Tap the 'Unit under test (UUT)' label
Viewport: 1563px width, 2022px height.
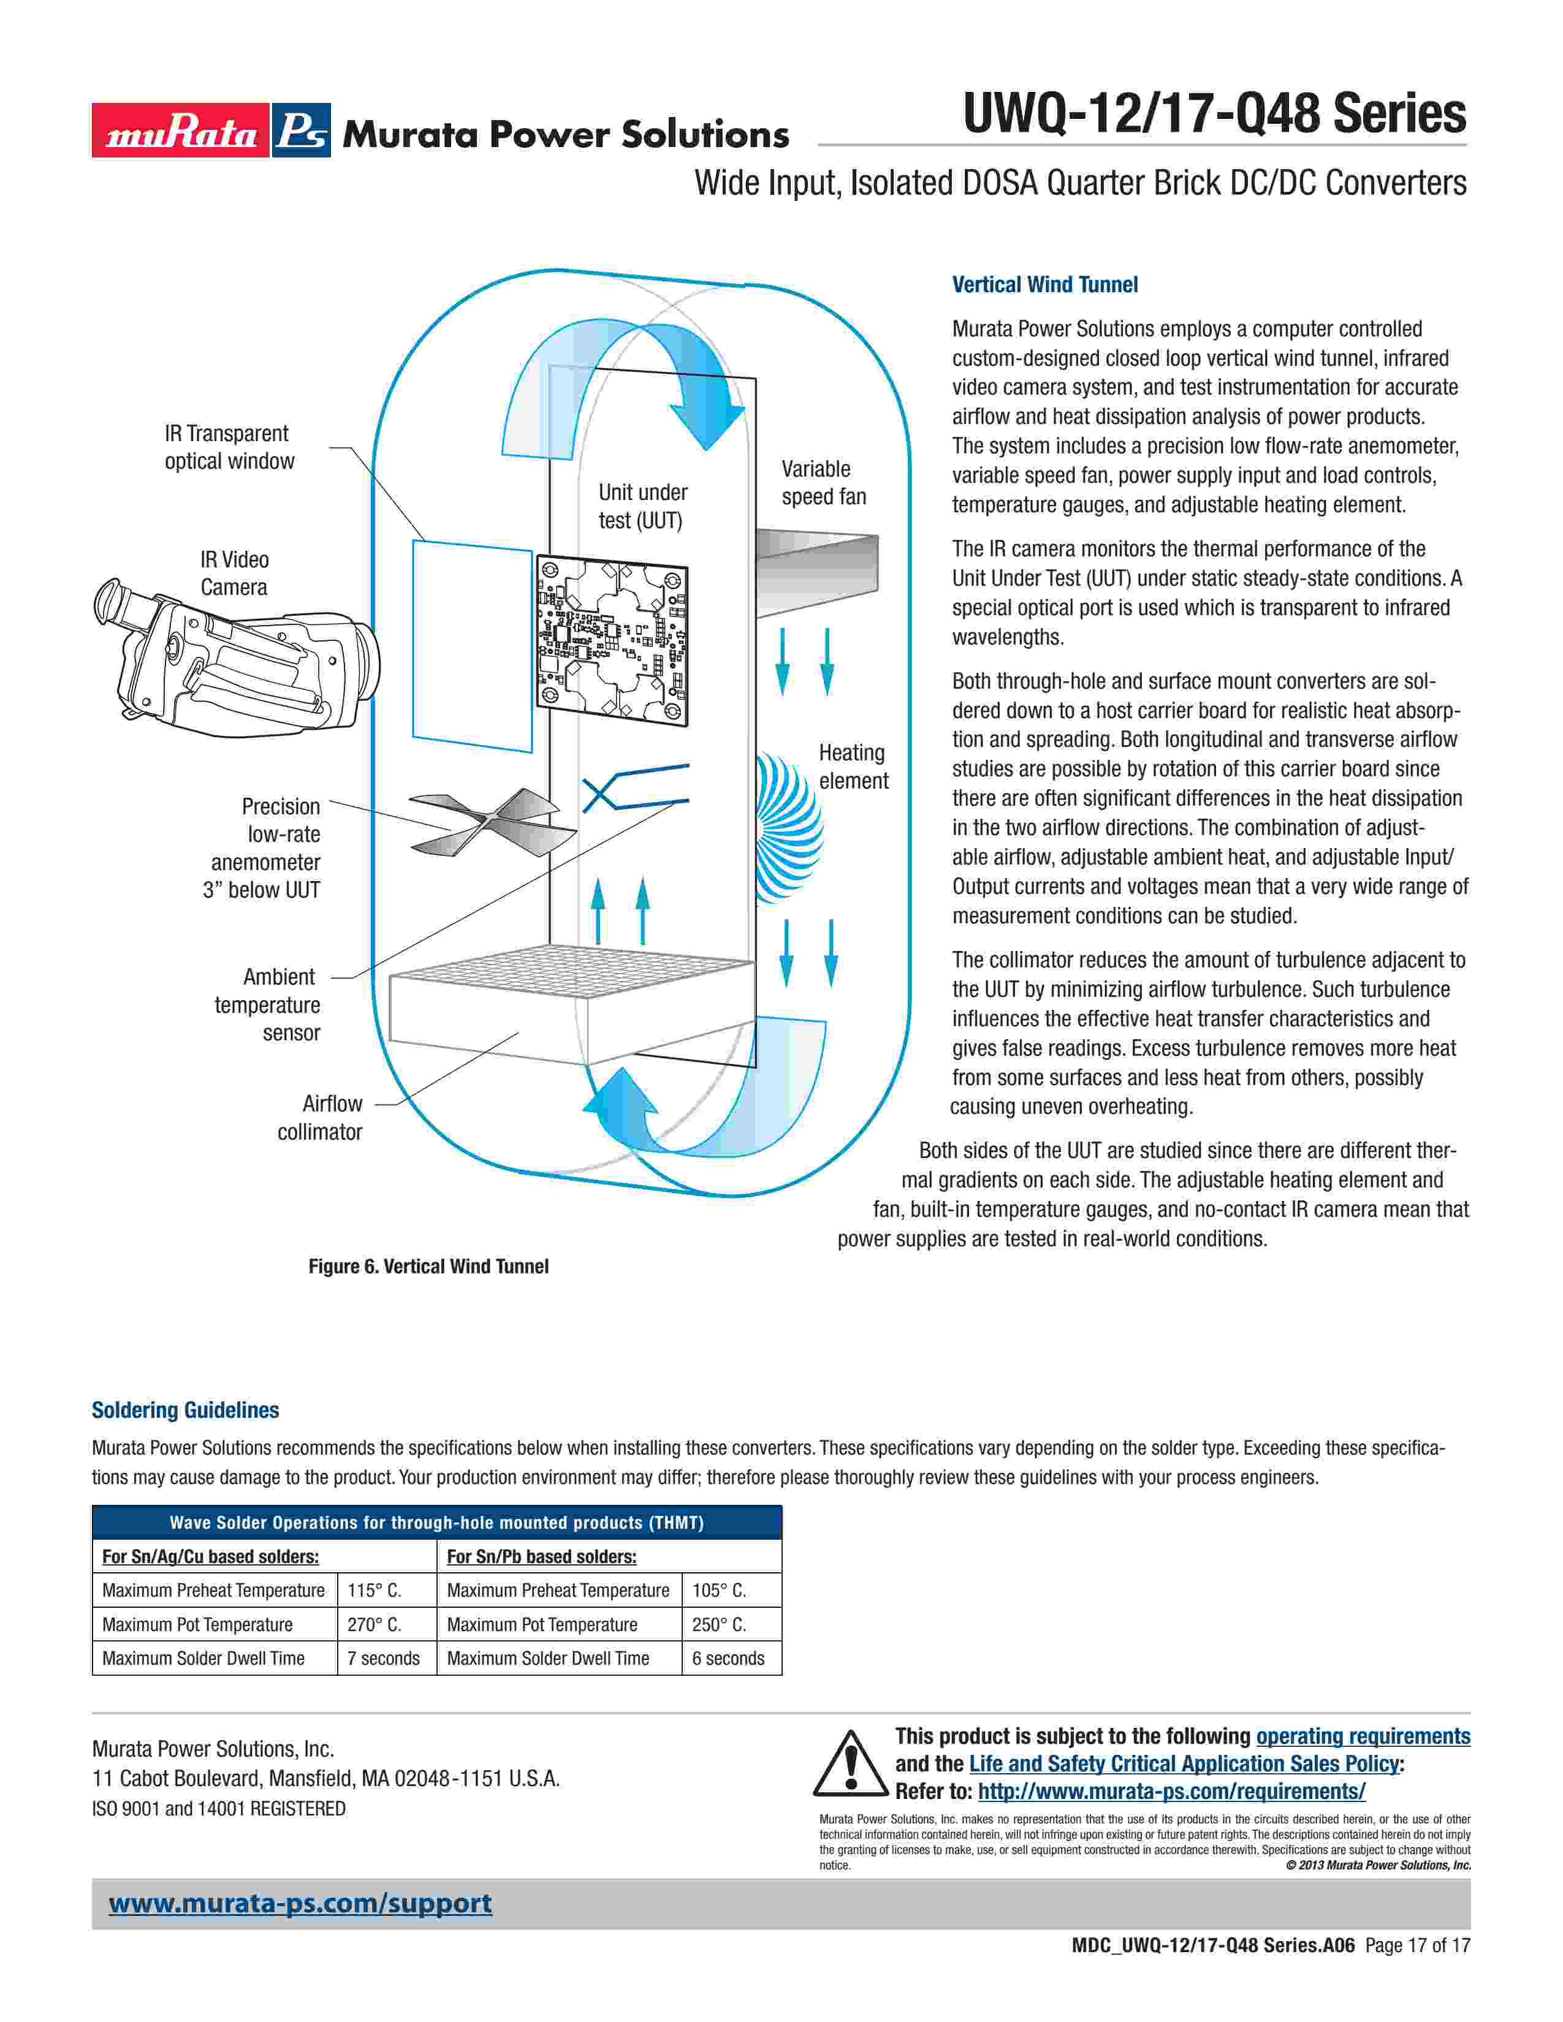tap(642, 507)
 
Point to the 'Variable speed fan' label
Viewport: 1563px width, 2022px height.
tap(823, 482)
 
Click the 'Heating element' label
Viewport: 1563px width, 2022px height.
tap(853, 767)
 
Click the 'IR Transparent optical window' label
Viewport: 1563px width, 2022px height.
tap(229, 447)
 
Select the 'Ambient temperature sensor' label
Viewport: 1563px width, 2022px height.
tap(268, 1004)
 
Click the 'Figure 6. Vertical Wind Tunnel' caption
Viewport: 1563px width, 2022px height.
tap(428, 1267)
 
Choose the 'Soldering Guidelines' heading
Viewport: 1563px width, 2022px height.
tap(185, 1410)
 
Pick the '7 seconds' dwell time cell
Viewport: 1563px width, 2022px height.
tap(383, 1658)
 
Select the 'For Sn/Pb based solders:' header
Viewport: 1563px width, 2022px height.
tap(542, 1556)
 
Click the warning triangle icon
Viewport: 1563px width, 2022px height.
tap(850, 1763)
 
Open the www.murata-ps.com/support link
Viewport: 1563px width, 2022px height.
tap(300, 1904)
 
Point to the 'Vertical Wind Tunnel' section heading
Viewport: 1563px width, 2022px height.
tap(1044, 285)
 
